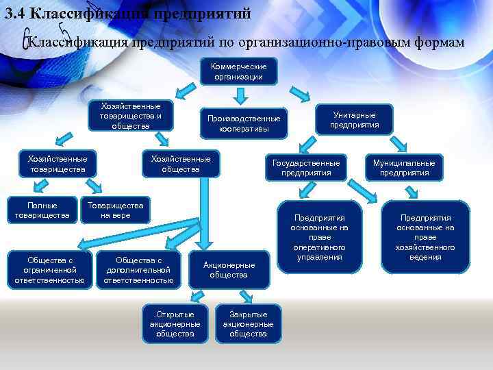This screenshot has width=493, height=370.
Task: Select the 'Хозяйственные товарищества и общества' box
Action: [130, 116]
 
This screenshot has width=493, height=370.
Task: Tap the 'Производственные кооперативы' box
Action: [244, 123]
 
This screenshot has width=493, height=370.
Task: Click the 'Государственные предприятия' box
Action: [305, 168]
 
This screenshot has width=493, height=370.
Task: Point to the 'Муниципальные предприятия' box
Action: [404, 168]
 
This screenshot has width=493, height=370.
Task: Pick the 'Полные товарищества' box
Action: [42, 210]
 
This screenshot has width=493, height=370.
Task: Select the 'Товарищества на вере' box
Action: [115, 210]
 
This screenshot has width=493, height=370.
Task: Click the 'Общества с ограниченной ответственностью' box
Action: [49, 270]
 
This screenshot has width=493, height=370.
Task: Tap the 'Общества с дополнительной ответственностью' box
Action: [139, 270]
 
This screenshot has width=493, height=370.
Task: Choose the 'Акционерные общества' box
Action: [229, 270]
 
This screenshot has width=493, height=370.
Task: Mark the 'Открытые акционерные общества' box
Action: [175, 323]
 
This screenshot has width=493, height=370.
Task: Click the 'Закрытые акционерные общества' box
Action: [248, 323]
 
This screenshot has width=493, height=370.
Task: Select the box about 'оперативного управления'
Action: [319, 237]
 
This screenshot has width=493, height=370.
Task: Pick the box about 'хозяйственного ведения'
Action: [426, 237]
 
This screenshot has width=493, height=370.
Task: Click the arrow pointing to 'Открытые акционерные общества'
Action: [197, 295]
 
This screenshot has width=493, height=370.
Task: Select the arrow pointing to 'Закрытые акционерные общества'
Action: [225, 295]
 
